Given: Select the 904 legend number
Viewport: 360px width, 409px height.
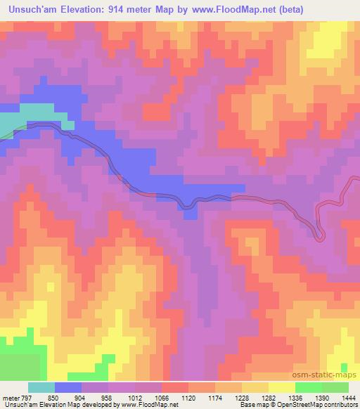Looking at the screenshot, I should pos(90,398).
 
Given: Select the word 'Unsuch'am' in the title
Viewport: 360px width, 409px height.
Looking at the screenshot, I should pos(30,9).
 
